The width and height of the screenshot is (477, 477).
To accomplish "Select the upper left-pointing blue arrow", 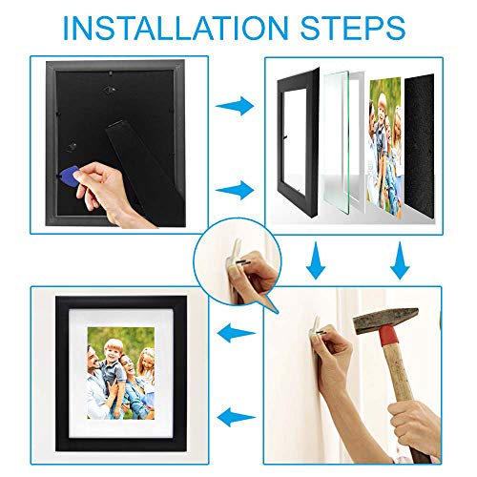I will click(x=229, y=334).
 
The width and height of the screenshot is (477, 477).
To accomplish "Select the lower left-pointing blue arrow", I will click(x=229, y=413).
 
